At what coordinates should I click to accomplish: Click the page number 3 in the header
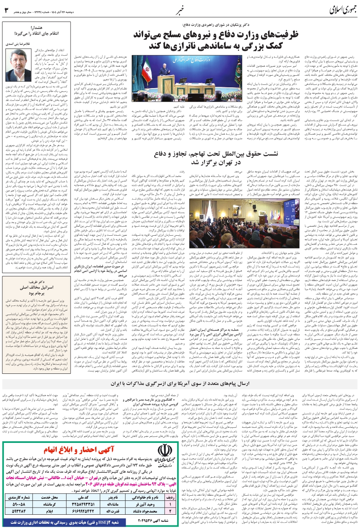pos(6,9)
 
